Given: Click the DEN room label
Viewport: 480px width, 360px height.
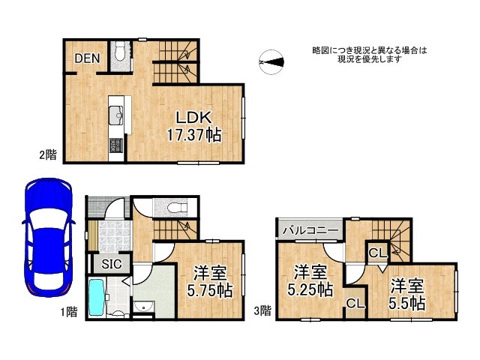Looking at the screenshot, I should click(x=85, y=57).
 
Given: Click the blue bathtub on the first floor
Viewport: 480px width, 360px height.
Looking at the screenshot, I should click(x=97, y=298).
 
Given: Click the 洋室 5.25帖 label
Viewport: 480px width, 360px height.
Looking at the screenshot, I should click(x=309, y=279).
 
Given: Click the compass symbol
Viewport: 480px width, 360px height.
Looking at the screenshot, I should click(x=271, y=62).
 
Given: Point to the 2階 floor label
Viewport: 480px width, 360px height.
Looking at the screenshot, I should click(x=47, y=155).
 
